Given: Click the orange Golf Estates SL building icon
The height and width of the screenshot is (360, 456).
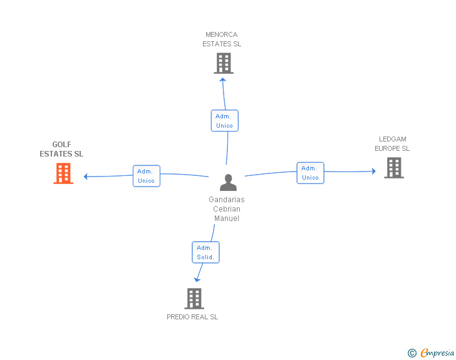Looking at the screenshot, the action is tap(63, 173).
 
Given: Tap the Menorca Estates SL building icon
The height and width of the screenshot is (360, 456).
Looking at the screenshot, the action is tap(224, 63).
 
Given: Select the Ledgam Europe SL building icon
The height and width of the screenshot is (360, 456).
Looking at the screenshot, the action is tap(394, 168).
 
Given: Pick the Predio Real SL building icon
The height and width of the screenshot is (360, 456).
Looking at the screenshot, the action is tap(194, 299).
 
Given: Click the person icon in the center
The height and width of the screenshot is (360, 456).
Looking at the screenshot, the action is tap(228, 182).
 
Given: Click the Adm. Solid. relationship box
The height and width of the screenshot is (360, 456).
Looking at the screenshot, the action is tap(205, 252).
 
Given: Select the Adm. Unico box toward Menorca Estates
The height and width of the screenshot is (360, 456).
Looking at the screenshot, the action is tap(224, 121).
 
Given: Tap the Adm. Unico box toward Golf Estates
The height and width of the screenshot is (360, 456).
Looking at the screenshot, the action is tap(147, 176).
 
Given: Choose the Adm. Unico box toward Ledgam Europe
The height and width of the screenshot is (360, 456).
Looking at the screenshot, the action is tap(310, 173).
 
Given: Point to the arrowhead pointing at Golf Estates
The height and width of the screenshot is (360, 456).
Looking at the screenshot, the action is tap(85, 177).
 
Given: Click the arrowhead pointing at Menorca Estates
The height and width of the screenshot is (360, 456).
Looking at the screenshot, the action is tap(223, 80).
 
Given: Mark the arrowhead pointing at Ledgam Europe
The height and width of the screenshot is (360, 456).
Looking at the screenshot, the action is tap(374, 172).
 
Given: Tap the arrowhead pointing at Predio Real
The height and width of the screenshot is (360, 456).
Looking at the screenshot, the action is tap(197, 280).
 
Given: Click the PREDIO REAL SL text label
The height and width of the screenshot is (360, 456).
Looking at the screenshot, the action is tap(192, 317).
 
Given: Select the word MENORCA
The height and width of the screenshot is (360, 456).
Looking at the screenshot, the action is tap(221, 34).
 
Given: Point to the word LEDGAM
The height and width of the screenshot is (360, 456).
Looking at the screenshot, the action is tap(392, 139).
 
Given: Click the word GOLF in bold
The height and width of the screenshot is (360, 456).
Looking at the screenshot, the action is tap(61, 145).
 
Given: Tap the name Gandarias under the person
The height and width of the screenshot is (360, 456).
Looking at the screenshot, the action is tap(227, 200).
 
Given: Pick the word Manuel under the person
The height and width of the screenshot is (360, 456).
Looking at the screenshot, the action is tap(227, 219).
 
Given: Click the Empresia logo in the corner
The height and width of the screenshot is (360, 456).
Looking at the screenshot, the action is tap(431, 352).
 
